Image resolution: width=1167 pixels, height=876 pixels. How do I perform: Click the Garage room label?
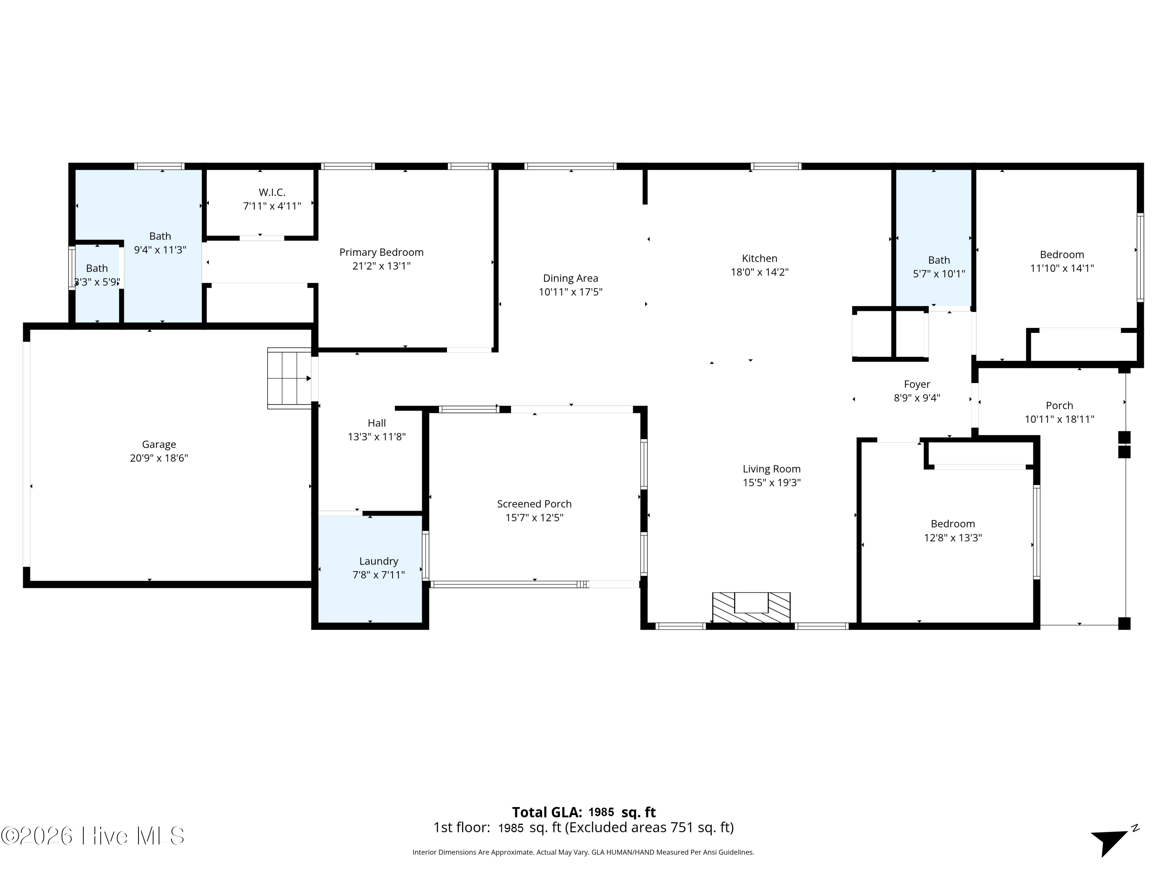(x=159, y=445)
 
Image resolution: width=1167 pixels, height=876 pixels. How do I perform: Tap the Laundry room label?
(x=378, y=561)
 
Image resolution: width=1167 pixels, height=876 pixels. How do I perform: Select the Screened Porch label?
(x=534, y=504)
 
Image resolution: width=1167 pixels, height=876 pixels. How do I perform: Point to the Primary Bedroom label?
(x=381, y=252)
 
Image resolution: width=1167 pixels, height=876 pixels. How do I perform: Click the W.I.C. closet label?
(x=272, y=192)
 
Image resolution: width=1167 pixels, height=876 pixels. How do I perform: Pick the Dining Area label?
(x=570, y=278)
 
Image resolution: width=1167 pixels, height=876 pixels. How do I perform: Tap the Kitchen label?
(x=759, y=258)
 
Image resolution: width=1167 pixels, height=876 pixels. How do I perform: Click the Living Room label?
(x=771, y=469)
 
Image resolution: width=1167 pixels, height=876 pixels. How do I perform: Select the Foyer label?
(x=917, y=384)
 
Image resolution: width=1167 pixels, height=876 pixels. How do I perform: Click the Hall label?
(x=377, y=423)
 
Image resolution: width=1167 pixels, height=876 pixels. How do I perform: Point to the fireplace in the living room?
(x=751, y=607)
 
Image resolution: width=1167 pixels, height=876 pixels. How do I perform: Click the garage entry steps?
(x=289, y=378)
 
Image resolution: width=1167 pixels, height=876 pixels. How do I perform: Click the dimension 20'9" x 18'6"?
(x=159, y=458)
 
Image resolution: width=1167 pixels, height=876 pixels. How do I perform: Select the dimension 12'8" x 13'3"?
(x=953, y=538)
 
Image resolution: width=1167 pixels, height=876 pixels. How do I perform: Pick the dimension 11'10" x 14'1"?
(x=1062, y=268)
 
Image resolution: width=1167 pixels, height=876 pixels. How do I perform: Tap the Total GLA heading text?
(x=547, y=813)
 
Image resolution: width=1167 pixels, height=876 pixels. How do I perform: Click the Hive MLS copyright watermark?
(x=93, y=836)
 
